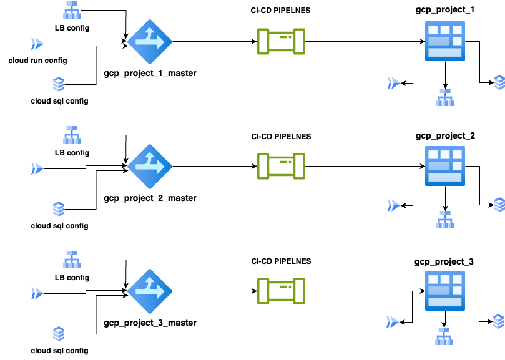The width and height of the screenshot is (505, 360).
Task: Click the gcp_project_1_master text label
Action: (150, 73)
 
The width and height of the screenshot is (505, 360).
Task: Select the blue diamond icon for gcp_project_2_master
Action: (150, 166)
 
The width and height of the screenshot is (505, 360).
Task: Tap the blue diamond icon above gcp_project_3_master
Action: (150, 291)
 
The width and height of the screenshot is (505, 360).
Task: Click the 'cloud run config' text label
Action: (38, 61)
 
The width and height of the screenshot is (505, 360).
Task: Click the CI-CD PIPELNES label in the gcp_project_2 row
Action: (281, 136)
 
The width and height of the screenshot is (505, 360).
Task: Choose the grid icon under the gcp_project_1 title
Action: (444, 41)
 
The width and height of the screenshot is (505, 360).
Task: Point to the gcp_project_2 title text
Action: (444, 135)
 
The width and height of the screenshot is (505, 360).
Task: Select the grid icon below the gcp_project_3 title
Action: (444, 291)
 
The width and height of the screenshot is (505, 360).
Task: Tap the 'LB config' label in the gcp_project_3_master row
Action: (72, 278)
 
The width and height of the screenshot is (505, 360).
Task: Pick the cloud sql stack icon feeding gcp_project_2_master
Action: (59, 208)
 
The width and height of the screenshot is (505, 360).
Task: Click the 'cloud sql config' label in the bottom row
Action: (60, 351)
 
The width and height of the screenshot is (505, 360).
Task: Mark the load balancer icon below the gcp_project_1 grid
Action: (444, 97)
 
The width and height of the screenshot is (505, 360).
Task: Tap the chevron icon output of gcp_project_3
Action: (392, 321)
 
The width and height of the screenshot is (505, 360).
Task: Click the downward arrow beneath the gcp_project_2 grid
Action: (444, 198)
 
